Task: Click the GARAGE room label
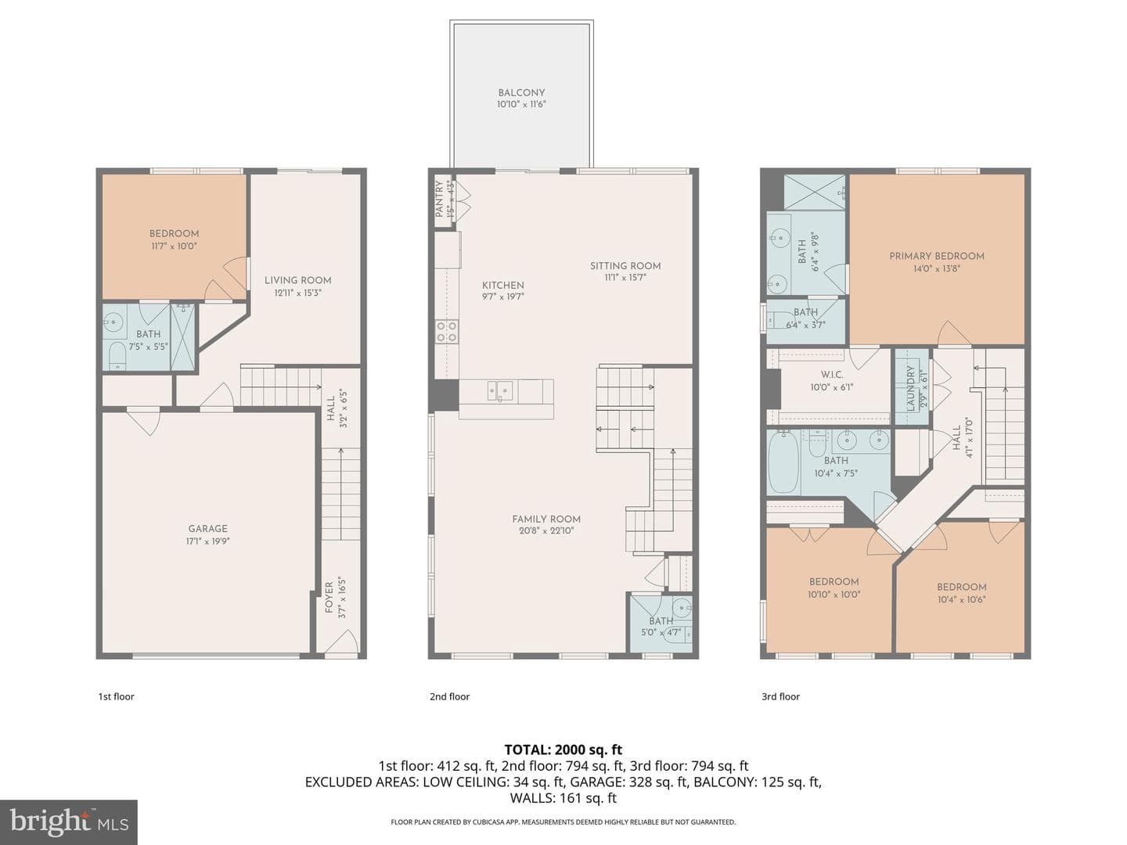pyautogui.click(x=207, y=528)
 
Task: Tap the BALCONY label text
pyautogui.click(x=521, y=93)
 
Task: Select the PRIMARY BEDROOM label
pyautogui.click(x=937, y=256)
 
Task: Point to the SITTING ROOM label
pyautogui.click(x=625, y=266)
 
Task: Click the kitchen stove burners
pyautogui.click(x=446, y=331)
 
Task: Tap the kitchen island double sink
pyautogui.click(x=499, y=391)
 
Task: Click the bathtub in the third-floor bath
pyautogui.click(x=783, y=462)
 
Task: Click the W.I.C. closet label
pyautogui.click(x=832, y=375)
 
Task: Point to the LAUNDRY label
pyautogui.click(x=911, y=388)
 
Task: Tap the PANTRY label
pyautogui.click(x=439, y=199)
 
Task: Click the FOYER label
pyautogui.click(x=329, y=597)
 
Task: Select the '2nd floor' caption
pyautogui.click(x=449, y=696)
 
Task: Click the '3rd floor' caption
pyautogui.click(x=780, y=696)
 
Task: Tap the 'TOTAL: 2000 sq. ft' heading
pyautogui.click(x=563, y=750)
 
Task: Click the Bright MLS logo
pyautogui.click(x=69, y=822)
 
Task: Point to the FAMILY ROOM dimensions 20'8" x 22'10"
pyautogui.click(x=545, y=531)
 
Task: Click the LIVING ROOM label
pyautogui.click(x=298, y=280)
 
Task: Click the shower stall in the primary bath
pyautogui.click(x=814, y=192)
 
